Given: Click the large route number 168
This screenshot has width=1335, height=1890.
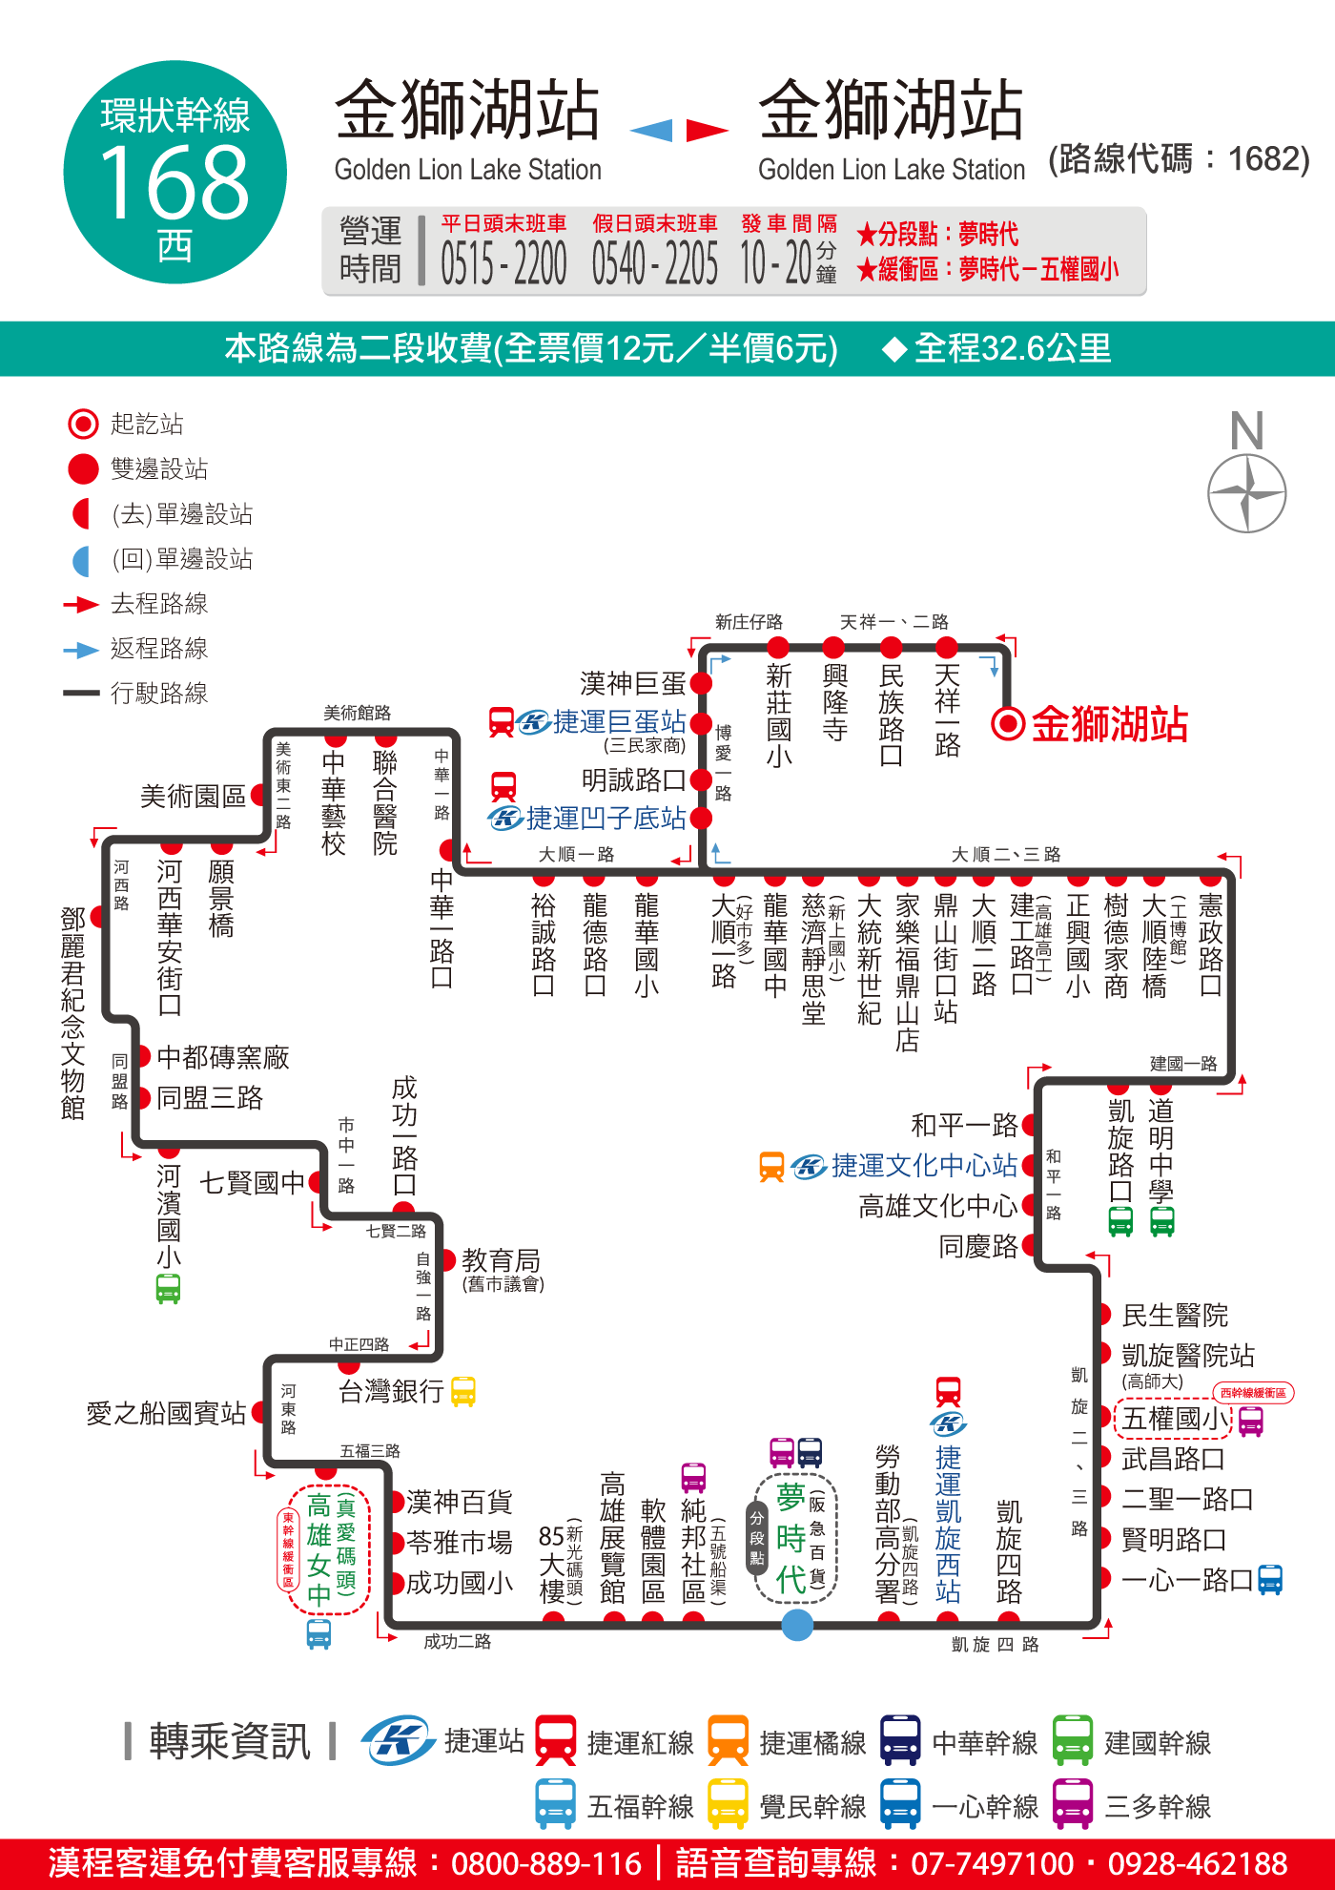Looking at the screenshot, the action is click(x=175, y=181).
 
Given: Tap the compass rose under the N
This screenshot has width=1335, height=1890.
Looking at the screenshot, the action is click(x=1246, y=493).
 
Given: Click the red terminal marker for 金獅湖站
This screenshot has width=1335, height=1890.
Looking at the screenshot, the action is click(x=1008, y=723).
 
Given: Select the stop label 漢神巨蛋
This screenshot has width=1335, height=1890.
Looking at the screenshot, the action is click(x=633, y=683).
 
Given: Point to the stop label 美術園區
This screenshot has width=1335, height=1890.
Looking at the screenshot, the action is click(x=193, y=796).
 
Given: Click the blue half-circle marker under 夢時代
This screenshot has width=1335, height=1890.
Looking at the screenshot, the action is click(x=797, y=1624).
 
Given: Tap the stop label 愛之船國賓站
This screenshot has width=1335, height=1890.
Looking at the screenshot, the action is click(x=166, y=1413).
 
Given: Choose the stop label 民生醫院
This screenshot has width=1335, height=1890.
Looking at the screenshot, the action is click(x=1175, y=1316).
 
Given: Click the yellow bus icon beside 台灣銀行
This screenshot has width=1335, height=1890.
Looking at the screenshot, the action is click(x=463, y=1391).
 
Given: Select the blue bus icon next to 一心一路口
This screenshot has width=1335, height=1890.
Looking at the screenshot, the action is click(x=1270, y=1580).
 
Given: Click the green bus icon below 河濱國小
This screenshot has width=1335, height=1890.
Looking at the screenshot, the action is click(x=169, y=1289).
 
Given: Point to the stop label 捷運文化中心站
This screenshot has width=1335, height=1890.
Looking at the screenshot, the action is click(x=924, y=1165).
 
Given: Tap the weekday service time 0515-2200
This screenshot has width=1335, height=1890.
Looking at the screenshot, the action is click(x=503, y=263).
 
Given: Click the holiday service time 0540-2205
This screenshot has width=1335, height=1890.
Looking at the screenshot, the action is click(x=655, y=263).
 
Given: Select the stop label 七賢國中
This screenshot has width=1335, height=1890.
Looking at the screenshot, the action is click(x=252, y=1183).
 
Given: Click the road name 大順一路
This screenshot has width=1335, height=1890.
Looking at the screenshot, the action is click(x=576, y=854).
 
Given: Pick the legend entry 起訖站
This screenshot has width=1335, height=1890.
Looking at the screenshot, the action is click(x=147, y=424).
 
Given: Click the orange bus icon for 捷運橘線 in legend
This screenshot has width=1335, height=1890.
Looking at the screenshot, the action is click(x=729, y=1740).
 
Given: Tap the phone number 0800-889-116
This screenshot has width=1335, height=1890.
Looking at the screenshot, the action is click(x=546, y=1863).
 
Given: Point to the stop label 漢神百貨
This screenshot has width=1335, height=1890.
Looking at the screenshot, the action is click(x=460, y=1502).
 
